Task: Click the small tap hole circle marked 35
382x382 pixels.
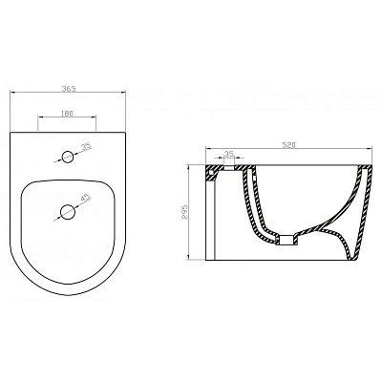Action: (x=68, y=156)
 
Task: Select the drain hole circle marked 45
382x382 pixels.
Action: (x=68, y=211)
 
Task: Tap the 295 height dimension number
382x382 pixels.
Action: (x=187, y=213)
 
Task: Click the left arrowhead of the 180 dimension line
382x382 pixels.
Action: (x=39, y=120)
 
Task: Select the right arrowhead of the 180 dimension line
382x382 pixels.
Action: (x=97, y=120)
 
